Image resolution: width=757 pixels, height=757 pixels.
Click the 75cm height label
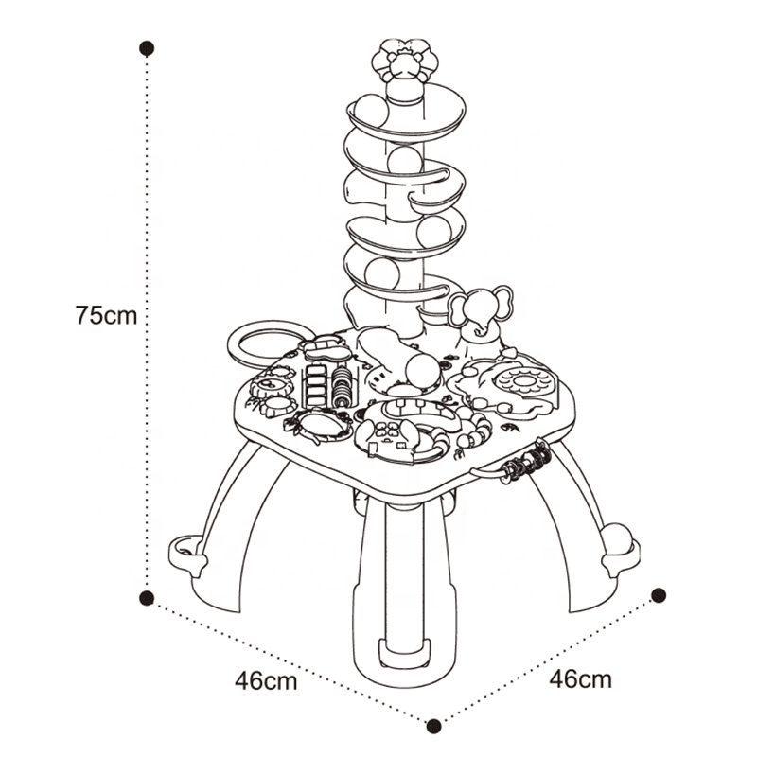(106, 316)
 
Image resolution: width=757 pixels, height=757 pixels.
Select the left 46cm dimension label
(266, 681)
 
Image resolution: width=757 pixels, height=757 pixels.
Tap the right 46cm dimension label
(580, 678)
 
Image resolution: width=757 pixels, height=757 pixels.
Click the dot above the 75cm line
(147, 48)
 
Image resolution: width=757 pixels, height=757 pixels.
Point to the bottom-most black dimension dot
(434, 725)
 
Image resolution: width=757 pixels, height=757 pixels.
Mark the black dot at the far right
(659, 595)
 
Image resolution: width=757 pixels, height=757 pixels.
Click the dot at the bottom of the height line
(147, 598)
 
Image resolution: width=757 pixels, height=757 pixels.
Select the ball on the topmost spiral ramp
(371, 111)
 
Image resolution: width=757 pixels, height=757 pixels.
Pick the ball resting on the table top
(422, 373)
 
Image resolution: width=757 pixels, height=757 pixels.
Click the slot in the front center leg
(405, 651)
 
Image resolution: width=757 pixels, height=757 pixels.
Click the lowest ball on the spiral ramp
(382, 275)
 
